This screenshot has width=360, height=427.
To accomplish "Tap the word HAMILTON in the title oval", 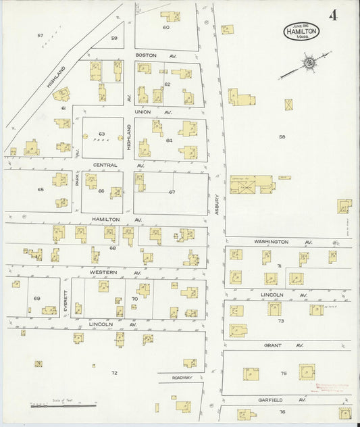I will click(x=302, y=30).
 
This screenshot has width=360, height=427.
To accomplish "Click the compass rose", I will click(x=309, y=64).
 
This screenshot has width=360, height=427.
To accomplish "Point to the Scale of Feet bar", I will click(x=63, y=405).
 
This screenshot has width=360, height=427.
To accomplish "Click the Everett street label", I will click(x=66, y=299).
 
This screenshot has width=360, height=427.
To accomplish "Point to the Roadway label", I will click(x=182, y=378).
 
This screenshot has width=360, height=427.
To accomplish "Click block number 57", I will click(x=40, y=35).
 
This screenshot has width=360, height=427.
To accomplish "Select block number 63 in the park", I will click(x=102, y=134).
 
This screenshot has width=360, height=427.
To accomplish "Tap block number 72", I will click(x=114, y=372).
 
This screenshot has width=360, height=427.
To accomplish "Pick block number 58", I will click(x=282, y=136).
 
